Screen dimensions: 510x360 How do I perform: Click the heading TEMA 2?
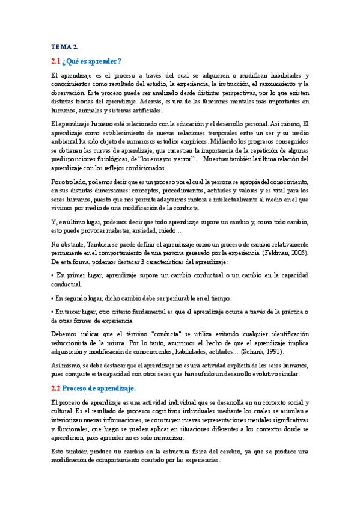pyautogui.click(x=64, y=46)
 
